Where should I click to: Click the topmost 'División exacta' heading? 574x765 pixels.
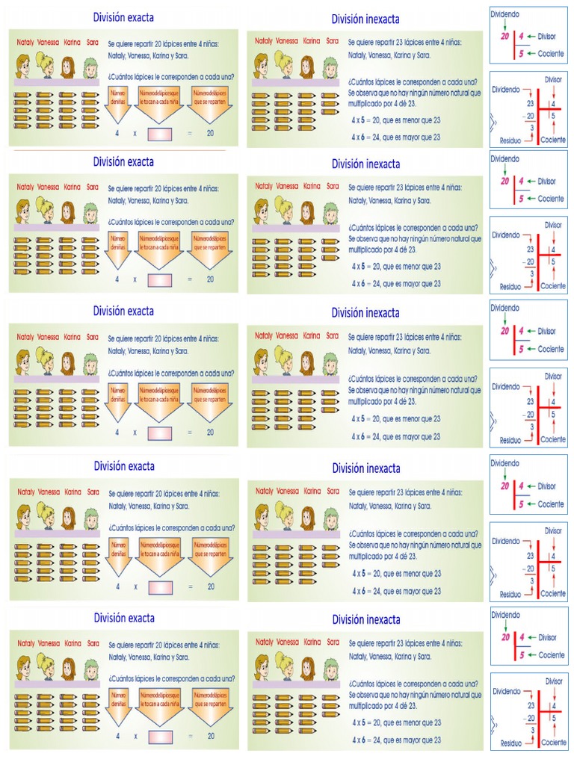123,16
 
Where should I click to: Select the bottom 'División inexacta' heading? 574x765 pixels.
365,619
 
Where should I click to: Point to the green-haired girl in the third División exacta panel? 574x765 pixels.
90,364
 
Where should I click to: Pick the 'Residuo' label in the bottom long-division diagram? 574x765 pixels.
510,743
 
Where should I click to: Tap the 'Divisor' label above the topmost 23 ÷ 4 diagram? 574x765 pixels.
553,78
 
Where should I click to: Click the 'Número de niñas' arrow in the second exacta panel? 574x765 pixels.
118,246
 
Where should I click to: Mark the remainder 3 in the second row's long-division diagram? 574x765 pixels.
531,274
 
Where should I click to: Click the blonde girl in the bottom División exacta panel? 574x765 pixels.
45,668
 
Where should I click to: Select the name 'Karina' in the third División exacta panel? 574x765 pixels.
72,335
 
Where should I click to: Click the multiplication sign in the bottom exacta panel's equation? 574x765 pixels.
135,736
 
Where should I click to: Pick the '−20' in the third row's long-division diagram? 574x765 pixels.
528,415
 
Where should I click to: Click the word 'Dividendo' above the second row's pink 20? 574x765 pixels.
504,158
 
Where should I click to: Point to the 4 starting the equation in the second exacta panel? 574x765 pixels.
117,279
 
